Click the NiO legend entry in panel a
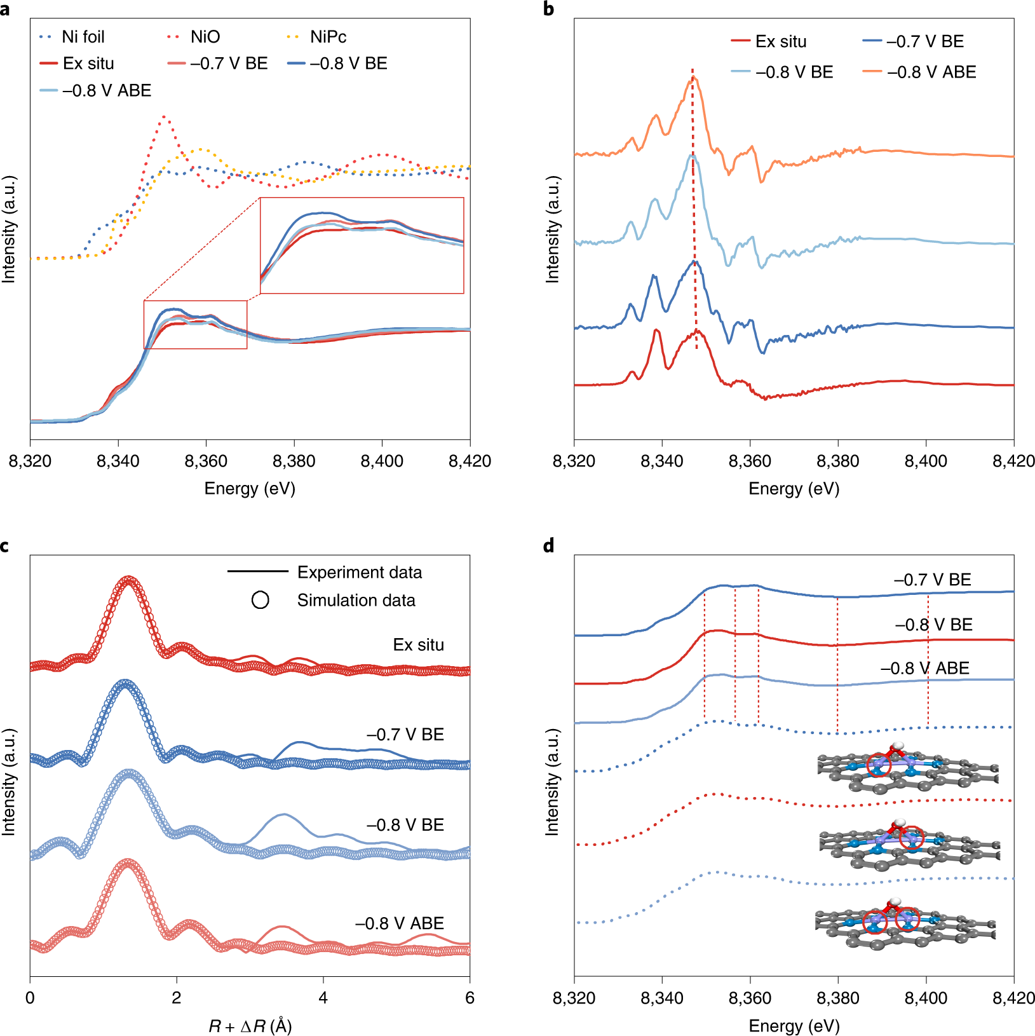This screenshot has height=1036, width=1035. (x=205, y=37)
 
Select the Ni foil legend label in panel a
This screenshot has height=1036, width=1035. (x=83, y=37)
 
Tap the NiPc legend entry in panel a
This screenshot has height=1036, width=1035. (x=328, y=37)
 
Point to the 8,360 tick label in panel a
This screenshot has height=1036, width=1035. (x=206, y=461)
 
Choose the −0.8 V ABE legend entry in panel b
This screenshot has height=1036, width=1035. (x=931, y=72)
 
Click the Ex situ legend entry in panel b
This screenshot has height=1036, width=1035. (x=781, y=41)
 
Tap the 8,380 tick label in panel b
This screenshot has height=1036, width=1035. (x=837, y=461)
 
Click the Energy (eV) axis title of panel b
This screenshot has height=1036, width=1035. (x=794, y=489)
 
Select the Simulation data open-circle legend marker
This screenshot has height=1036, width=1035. (x=260, y=600)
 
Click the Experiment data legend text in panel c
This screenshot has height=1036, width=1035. (x=360, y=573)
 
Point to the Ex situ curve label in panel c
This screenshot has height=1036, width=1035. (x=418, y=644)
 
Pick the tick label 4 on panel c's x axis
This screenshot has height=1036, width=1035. (x=323, y=998)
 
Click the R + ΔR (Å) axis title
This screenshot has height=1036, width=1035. (x=250, y=1026)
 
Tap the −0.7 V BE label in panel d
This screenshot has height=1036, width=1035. (x=932, y=580)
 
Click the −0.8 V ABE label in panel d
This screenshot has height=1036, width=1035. (x=924, y=668)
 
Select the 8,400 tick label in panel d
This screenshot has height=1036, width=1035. (x=926, y=998)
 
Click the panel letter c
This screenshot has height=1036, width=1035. (x=5, y=546)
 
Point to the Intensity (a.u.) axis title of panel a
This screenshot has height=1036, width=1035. (x=8, y=229)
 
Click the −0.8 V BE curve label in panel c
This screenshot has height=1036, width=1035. (x=405, y=825)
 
